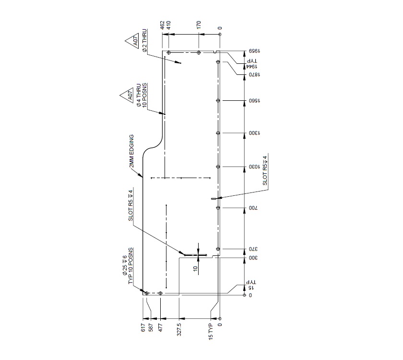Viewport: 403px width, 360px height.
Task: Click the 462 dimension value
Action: click(162, 24)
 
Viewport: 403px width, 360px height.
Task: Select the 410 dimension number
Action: click(168, 24)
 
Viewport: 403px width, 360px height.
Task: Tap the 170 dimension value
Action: click(199, 24)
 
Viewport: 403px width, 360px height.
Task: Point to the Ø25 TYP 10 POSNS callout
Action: click(127, 267)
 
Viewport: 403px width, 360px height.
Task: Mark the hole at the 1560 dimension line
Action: click(218, 101)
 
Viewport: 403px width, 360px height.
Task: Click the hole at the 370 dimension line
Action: click(218, 249)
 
